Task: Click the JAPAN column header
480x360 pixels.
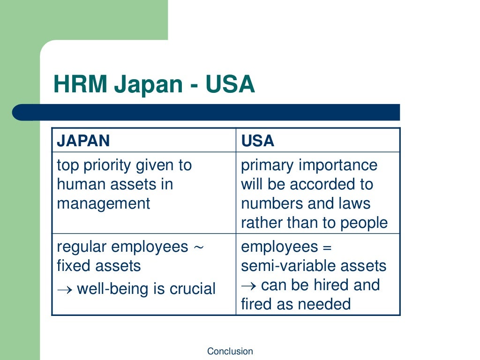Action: [x=83, y=141]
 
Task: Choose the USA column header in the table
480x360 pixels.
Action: [x=257, y=141]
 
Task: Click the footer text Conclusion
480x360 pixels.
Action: [x=230, y=351]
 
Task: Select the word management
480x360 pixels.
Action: [x=104, y=203]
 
